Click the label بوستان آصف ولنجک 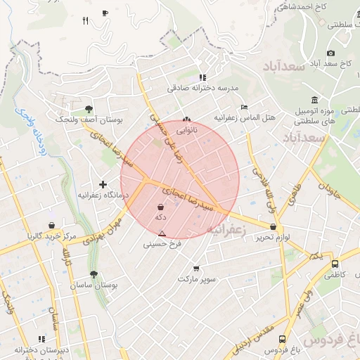coord(89,120)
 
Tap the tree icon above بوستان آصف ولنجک coord(89,109)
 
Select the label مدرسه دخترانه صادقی coord(203,89)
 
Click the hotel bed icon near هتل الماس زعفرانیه coord(244,107)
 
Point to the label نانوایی coord(186,130)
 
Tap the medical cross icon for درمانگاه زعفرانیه coord(103,184)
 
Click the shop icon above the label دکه coord(161,207)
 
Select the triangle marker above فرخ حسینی coord(162,233)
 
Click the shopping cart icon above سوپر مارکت coord(196,268)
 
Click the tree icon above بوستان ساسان coord(94,274)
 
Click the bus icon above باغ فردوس coord(282,340)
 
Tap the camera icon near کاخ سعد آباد coord(331,53)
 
